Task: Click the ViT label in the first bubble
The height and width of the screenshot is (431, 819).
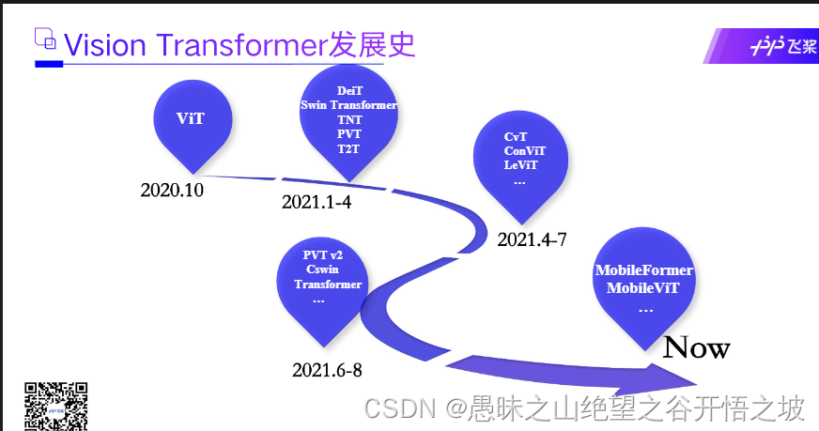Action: click(x=191, y=118)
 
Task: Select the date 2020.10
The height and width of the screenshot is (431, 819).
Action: click(x=172, y=190)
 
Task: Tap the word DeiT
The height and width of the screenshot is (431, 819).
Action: click(x=348, y=91)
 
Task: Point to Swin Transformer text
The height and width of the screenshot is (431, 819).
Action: click(x=348, y=105)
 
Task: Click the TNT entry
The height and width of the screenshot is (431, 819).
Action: click(x=348, y=119)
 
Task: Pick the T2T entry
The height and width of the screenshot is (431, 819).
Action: click(x=348, y=148)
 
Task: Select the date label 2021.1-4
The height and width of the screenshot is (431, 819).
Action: click(x=317, y=202)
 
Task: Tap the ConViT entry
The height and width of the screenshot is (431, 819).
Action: click(x=524, y=150)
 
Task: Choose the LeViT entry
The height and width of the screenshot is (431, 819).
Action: click(x=520, y=164)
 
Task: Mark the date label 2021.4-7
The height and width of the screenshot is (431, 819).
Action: click(x=532, y=239)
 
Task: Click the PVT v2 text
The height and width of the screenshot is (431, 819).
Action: click(x=323, y=255)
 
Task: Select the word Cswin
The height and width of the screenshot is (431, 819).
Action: click(x=322, y=269)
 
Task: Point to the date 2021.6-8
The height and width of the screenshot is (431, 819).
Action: click(x=327, y=370)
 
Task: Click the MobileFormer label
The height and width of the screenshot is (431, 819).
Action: click(x=644, y=270)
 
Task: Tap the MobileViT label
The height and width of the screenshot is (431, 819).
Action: click(x=643, y=287)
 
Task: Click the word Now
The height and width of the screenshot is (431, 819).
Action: click(x=696, y=348)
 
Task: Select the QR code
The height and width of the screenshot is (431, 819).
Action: click(x=55, y=406)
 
